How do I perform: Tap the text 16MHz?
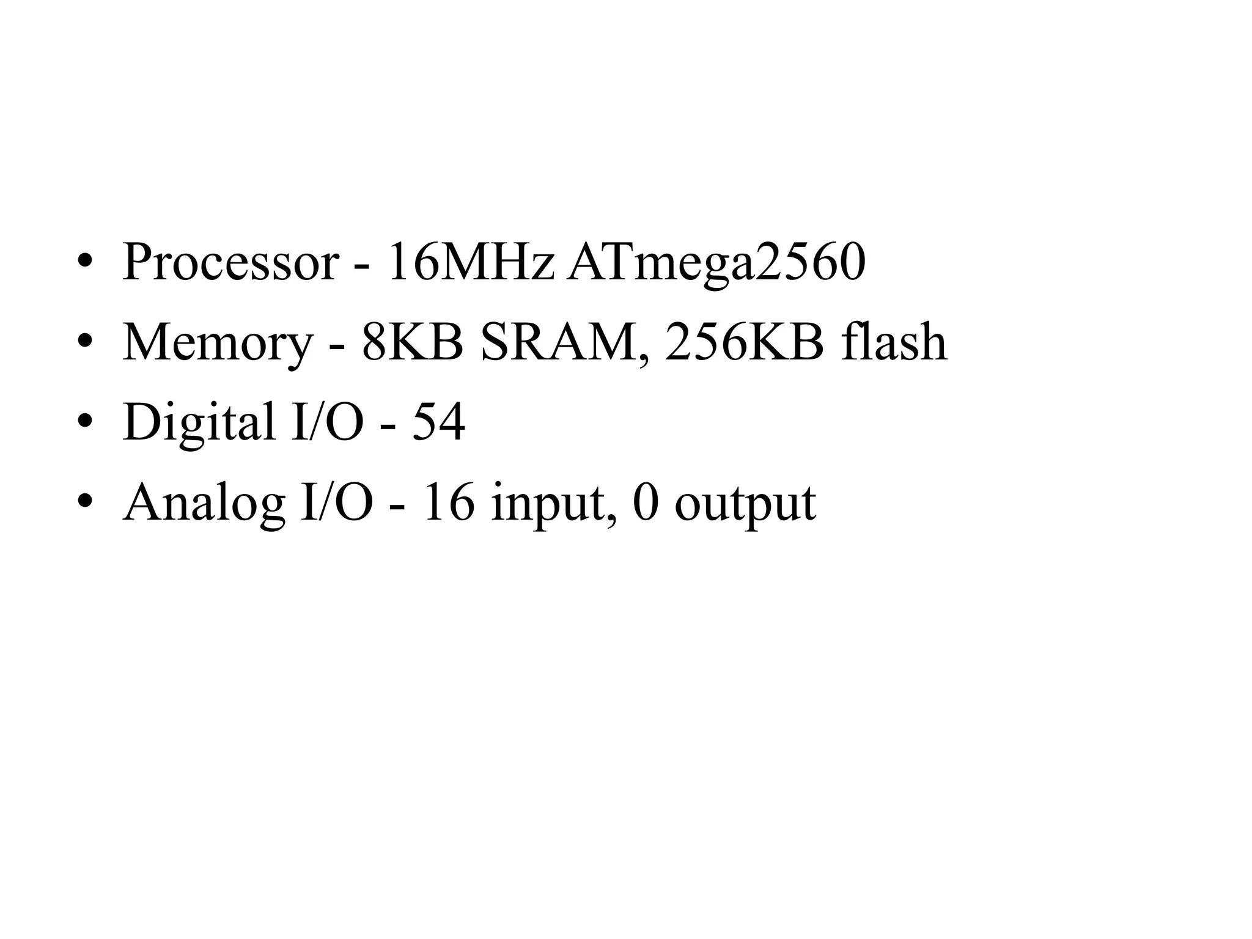471,263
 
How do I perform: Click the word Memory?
218,344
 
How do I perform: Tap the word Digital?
199,423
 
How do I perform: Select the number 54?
438,422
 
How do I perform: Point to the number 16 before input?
449,503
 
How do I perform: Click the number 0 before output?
646,503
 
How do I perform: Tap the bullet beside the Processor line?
84,261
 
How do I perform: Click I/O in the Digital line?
328,422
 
